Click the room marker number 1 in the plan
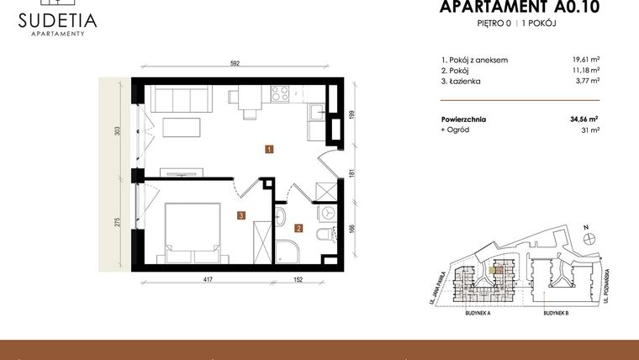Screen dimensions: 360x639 267,151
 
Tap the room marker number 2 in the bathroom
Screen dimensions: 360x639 298,227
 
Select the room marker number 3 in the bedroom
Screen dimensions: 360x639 240,215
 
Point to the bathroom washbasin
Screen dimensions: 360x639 280,216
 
